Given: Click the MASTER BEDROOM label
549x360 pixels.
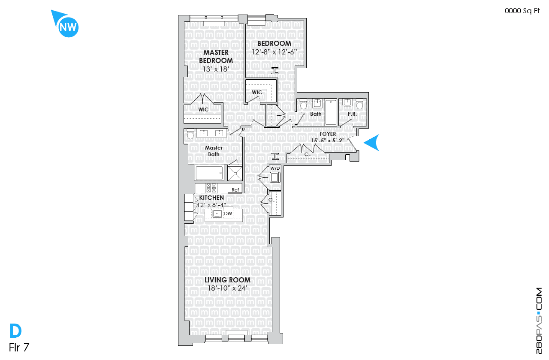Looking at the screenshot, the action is click(216, 56).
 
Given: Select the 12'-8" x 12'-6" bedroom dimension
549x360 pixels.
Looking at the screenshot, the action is click(274, 52).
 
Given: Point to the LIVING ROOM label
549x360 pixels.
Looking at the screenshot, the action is click(227, 280).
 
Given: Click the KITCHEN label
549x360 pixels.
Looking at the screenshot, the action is click(211, 198).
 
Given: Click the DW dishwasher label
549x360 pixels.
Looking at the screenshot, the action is click(228, 213).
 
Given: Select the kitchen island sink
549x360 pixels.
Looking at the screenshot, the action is click(217, 214).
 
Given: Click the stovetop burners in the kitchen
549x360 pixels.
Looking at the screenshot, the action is click(211, 188).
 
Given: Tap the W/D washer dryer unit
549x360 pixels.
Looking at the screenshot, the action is click(275, 177).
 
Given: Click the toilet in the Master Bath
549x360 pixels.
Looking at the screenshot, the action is click(190, 134).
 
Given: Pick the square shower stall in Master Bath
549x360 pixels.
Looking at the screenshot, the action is click(235, 174).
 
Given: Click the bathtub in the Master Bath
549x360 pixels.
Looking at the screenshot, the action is click(209, 173).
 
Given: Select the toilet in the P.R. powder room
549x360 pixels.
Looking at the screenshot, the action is click(359, 104).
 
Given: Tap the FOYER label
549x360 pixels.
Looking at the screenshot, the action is click(328, 134).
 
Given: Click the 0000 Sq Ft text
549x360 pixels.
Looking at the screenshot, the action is click(522, 11).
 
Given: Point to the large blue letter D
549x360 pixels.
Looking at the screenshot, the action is click(15, 330).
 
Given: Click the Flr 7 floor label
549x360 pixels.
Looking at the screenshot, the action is click(19, 347).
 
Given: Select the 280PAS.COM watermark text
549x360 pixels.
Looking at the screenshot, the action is click(539, 321).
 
